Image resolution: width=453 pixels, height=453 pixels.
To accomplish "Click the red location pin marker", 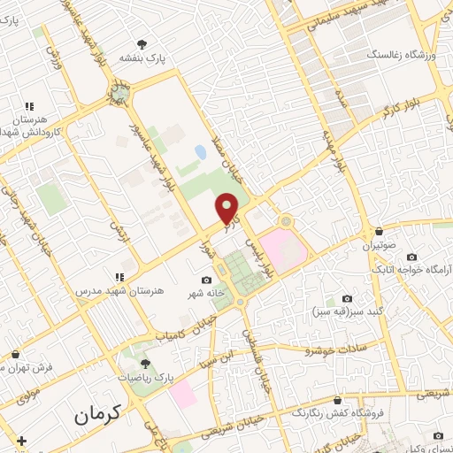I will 228,210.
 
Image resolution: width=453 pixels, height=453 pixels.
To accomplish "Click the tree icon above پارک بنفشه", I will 142,43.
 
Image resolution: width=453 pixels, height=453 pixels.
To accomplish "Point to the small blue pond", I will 201,152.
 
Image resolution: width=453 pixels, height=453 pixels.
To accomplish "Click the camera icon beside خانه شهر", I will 206,280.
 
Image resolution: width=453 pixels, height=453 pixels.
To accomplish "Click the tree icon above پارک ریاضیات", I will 146,363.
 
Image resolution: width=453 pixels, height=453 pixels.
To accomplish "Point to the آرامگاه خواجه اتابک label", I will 414,269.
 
